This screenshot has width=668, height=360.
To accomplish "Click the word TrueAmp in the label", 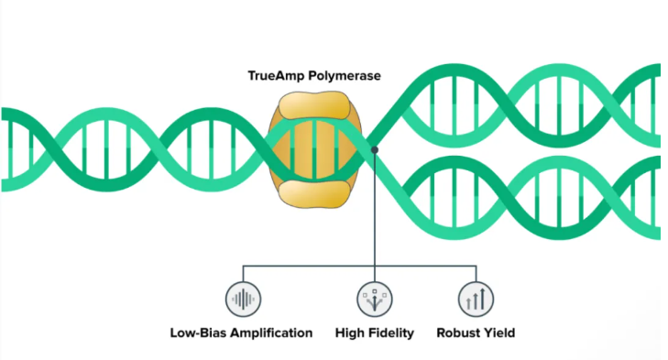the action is (x=276, y=76).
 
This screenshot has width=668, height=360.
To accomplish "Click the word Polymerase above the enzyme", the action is (x=345, y=76).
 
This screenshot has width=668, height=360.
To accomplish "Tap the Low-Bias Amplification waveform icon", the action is (x=243, y=299).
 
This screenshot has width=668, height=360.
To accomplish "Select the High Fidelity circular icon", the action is (x=375, y=299).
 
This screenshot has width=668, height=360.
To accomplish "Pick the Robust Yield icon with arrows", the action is (x=476, y=299).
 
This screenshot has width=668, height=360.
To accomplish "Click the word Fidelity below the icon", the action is (x=390, y=333).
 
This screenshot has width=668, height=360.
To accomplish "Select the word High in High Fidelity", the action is (x=349, y=333).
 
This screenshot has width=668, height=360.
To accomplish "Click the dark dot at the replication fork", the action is (x=375, y=149).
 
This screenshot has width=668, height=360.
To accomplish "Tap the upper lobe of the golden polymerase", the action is (x=314, y=104).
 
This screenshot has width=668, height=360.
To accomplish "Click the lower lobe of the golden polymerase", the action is (x=314, y=194).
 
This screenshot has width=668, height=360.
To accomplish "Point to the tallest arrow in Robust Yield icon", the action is (x=483, y=299).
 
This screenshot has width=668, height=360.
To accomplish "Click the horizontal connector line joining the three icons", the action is (x=359, y=267).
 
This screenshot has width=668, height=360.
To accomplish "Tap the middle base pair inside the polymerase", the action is (x=314, y=149).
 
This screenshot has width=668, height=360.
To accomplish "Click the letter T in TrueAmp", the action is (x=252, y=76).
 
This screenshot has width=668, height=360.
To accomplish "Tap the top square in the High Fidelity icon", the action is (x=375, y=291).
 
